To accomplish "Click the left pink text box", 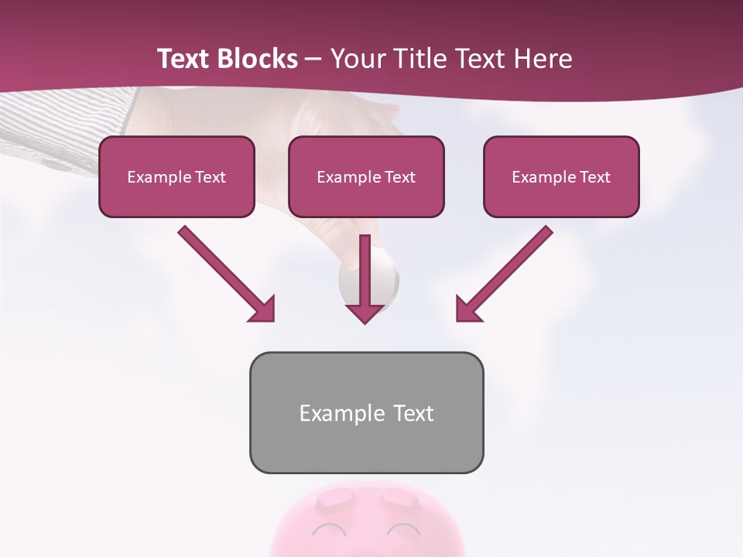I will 176,177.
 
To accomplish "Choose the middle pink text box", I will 366,177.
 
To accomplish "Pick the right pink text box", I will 561,177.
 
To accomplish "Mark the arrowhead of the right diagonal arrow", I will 468,309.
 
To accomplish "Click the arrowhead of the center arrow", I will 365,313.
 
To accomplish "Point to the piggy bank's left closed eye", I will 330,530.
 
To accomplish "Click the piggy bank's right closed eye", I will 403,530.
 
